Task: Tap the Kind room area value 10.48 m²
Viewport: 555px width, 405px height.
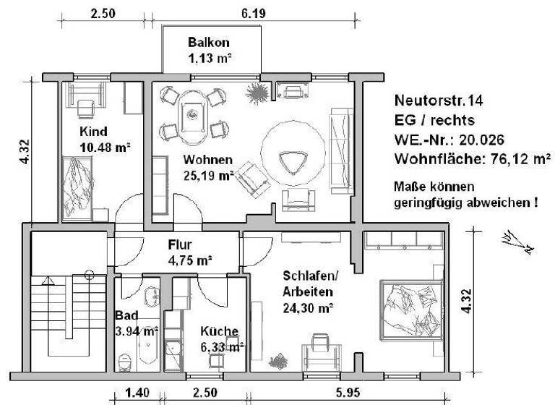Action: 105,147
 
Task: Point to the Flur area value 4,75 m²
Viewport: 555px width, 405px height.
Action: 189,260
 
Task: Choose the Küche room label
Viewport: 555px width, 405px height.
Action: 220,331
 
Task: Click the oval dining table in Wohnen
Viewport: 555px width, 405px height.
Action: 193,114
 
